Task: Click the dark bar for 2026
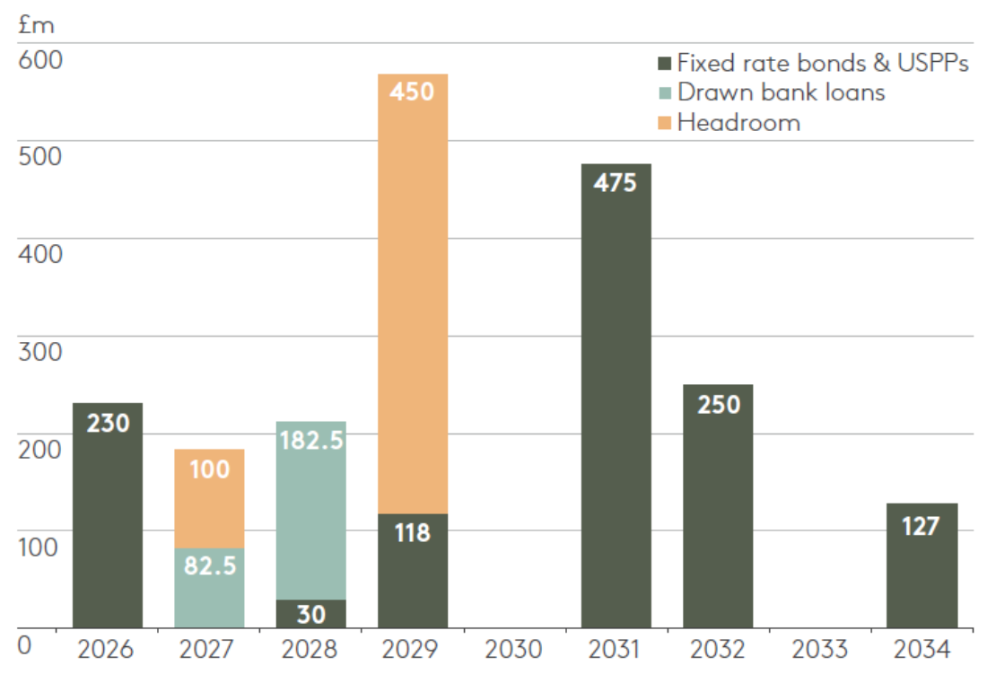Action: click(x=107, y=516)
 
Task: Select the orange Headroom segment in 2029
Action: click(x=412, y=296)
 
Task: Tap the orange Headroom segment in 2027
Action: click(x=209, y=498)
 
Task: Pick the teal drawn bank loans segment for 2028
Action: click(x=310, y=512)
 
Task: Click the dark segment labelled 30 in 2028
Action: click(x=310, y=614)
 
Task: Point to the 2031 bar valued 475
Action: click(x=616, y=395)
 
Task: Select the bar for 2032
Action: click(x=718, y=507)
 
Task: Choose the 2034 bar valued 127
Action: click(x=921, y=565)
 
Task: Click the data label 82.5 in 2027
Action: click(x=209, y=567)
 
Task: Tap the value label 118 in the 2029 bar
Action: click(x=412, y=533)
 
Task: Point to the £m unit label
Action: click(x=36, y=25)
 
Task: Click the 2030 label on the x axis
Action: click(x=513, y=649)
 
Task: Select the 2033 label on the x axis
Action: click(x=819, y=649)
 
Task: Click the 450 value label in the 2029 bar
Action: click(x=412, y=91)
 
